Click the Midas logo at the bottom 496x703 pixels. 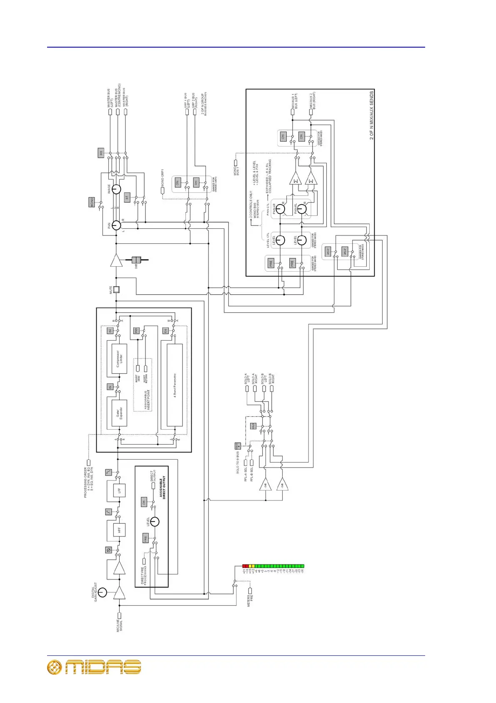[94, 667]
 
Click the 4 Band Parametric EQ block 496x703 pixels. [175, 385]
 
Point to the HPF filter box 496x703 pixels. [119, 530]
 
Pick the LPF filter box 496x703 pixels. [119, 490]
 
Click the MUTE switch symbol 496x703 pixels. [116, 289]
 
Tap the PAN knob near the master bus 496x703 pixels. [116, 225]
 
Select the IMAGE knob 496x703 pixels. [116, 189]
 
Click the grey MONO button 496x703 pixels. [92, 202]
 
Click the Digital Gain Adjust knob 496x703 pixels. [102, 592]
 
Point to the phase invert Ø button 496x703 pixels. [109, 550]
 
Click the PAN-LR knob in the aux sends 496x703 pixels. [280, 209]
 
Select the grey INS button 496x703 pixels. [136, 330]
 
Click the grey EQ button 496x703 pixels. [165, 330]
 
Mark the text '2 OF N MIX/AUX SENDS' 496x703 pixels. [371, 115]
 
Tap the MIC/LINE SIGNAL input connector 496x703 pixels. [119, 615]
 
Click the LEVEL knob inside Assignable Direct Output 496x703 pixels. [155, 522]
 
